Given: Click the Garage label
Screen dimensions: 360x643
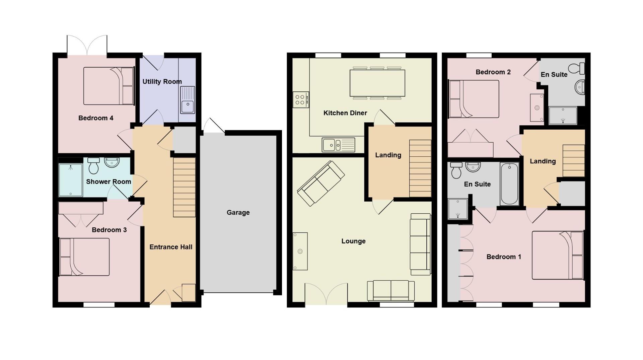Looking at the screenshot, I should point(238,213).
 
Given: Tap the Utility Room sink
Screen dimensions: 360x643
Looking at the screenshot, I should point(188,100).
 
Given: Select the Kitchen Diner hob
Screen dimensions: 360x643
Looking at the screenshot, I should point(300,99).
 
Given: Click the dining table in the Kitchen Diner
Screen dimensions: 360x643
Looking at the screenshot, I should point(377,83).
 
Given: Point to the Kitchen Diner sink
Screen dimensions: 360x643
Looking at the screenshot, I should point(338,145).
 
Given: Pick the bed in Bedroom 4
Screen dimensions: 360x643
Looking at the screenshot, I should point(109,86).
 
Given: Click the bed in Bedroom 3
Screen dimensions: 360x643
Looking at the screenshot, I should point(84,257).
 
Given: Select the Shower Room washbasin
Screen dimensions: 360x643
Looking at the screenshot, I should point(112,162).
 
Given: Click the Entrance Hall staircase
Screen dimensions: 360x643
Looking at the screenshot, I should point(184,187).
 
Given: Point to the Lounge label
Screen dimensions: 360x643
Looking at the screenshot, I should point(353,241).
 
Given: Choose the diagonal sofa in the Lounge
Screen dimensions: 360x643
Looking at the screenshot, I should point(321,183).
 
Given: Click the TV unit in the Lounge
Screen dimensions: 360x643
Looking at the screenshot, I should point(300,251).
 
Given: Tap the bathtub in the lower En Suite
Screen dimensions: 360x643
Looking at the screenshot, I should point(509,184).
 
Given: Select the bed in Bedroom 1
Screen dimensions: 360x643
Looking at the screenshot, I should point(558,255).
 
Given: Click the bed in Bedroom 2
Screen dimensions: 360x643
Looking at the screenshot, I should point(474,99).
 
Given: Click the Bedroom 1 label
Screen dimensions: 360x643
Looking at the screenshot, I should point(504,257).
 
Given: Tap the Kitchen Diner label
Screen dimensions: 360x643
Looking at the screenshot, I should point(345,113).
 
